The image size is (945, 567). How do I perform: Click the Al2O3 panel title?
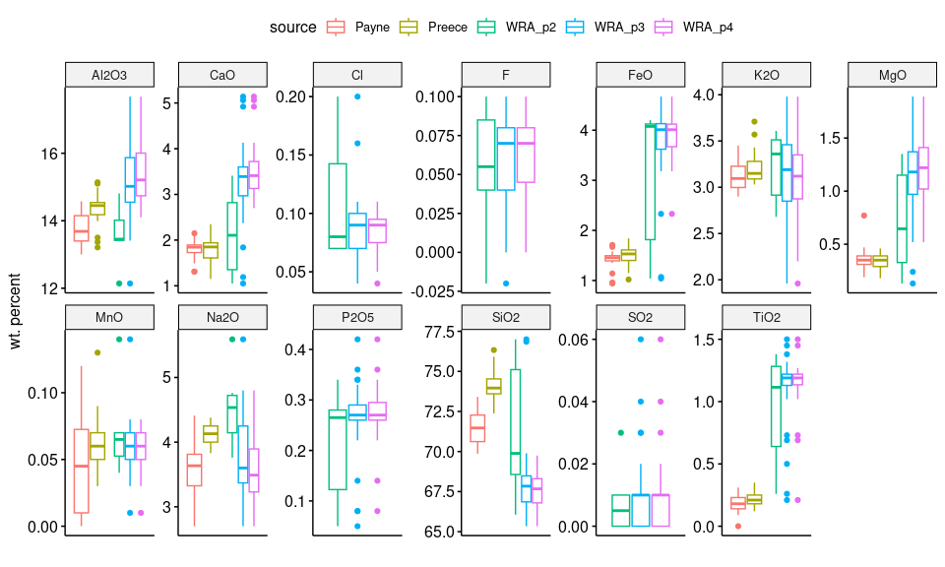(109, 76)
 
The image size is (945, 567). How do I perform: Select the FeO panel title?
(640, 76)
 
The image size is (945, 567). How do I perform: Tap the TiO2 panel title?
(767, 317)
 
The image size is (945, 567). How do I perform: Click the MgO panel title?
(891, 76)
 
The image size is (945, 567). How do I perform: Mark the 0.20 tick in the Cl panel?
(290, 96)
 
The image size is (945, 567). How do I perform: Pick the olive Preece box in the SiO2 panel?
(493, 386)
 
